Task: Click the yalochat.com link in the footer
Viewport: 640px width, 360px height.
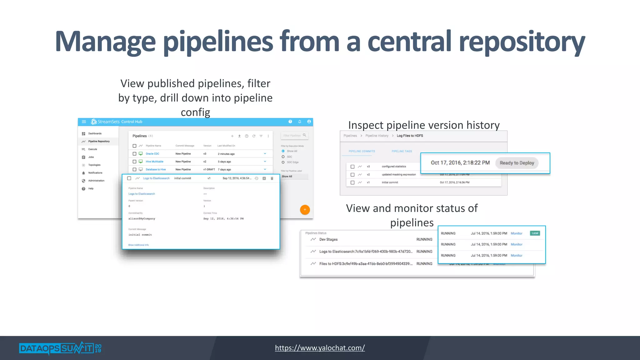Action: point(320,348)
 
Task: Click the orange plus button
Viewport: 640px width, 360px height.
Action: point(305,210)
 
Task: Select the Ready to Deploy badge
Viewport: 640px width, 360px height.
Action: point(517,163)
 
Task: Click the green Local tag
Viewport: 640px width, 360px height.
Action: point(535,233)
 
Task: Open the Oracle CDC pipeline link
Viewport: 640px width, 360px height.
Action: point(152,154)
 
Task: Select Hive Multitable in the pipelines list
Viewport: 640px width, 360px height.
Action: point(154,162)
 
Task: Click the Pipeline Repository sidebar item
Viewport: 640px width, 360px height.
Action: point(99,141)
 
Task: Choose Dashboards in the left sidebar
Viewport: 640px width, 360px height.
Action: point(95,133)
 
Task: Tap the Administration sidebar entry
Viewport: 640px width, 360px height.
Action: point(96,181)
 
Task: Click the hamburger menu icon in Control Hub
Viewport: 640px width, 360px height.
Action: point(84,122)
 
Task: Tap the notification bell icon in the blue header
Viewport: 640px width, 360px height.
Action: point(299,122)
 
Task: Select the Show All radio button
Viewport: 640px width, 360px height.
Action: point(283,151)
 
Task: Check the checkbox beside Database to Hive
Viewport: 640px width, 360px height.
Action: point(134,169)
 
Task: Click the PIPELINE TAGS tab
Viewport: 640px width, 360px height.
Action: point(402,151)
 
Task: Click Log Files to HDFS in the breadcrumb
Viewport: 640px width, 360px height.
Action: point(410,136)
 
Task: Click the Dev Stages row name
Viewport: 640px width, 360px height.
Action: point(328,239)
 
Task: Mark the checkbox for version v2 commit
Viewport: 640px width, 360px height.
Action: point(352,175)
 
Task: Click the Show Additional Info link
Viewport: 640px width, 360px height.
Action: point(138,245)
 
